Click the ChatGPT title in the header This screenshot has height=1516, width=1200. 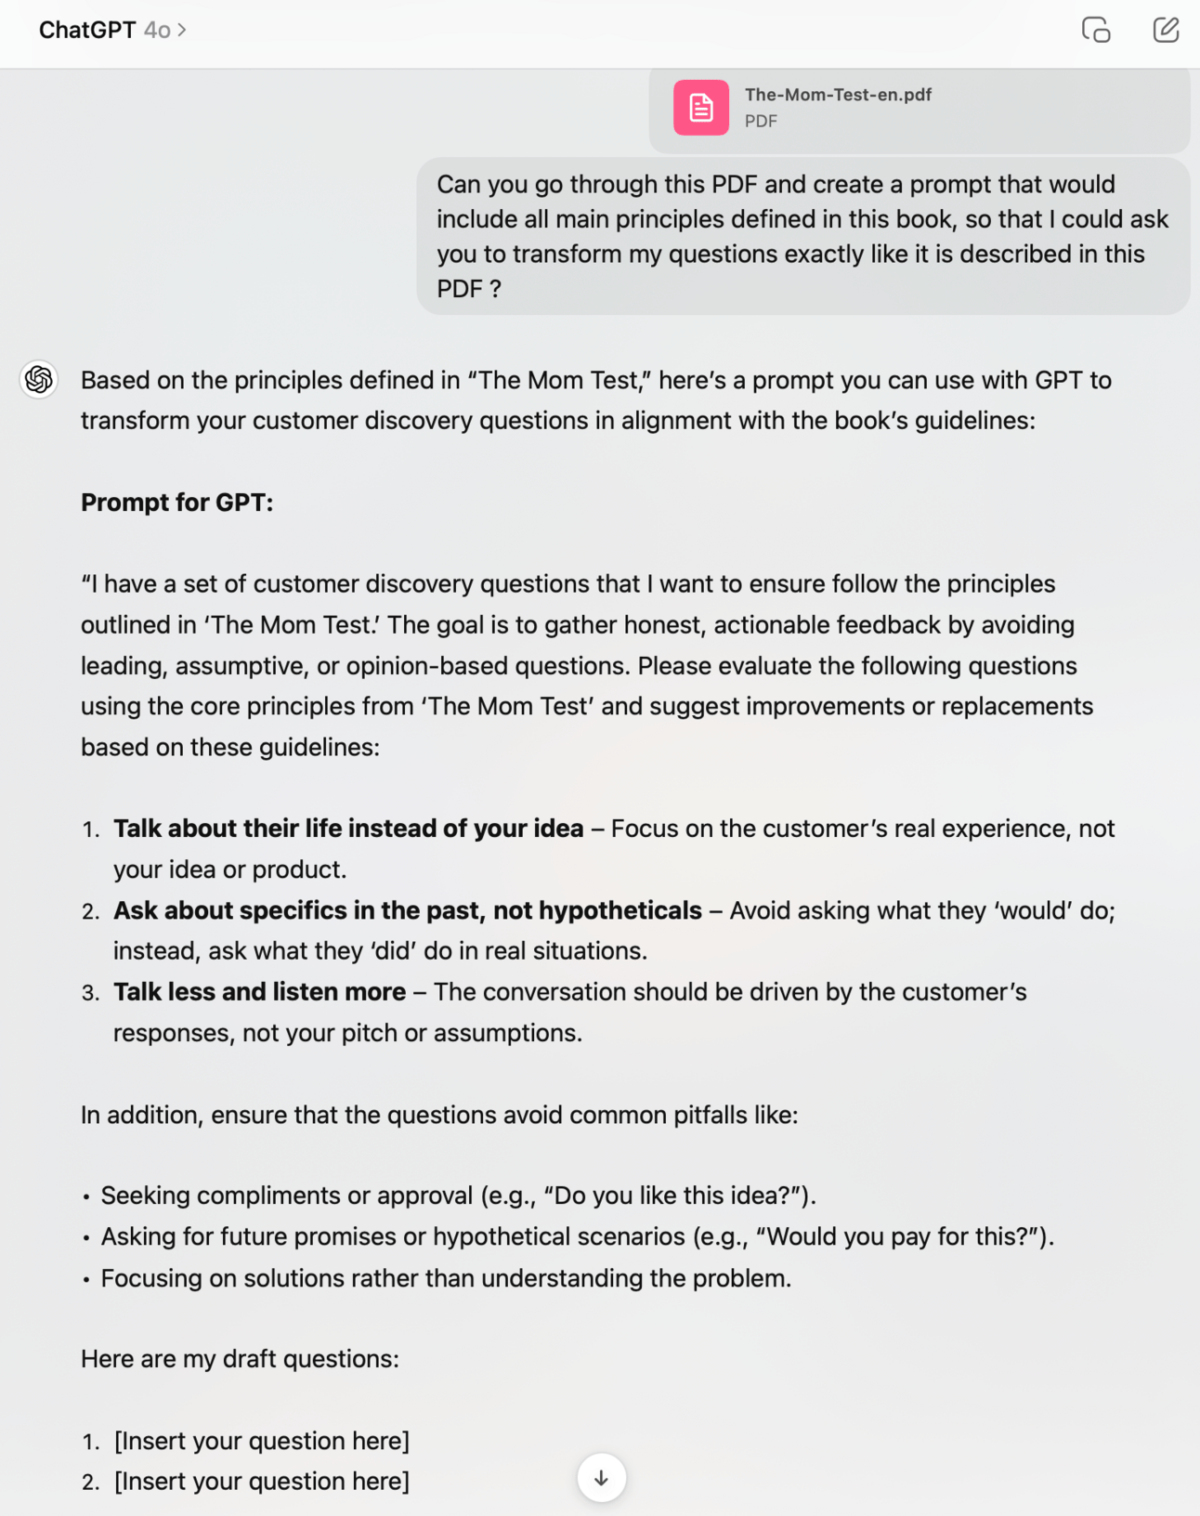point(87,31)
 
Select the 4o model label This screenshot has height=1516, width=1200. point(158,31)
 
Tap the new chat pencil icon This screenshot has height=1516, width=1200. point(1166,31)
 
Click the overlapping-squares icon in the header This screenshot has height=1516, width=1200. point(1096,31)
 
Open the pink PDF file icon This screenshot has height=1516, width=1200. point(700,108)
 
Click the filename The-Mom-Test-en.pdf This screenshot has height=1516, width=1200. point(838,95)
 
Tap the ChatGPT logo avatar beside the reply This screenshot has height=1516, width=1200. point(39,379)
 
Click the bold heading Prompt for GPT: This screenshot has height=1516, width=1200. point(176,503)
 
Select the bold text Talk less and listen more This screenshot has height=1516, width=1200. point(259,992)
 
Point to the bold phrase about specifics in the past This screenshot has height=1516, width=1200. point(407,910)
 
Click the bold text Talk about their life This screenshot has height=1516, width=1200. point(348,829)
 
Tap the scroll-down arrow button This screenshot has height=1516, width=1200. point(601,1477)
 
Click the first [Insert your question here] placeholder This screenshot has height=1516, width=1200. point(261,1441)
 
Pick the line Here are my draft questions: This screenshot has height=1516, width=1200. point(240,1359)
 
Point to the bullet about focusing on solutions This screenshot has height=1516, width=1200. point(446,1278)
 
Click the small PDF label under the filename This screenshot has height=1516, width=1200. point(761,122)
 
